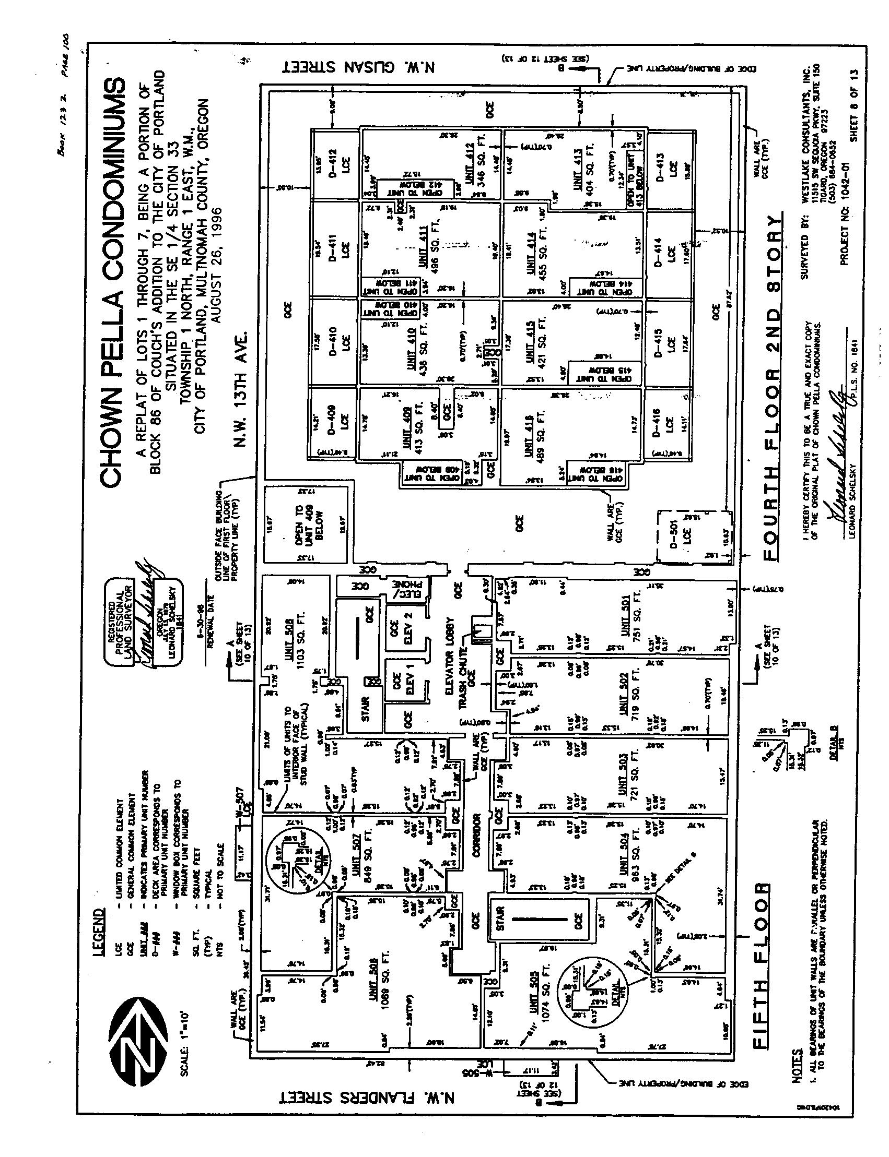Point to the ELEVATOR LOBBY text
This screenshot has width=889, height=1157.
(x=451, y=654)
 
